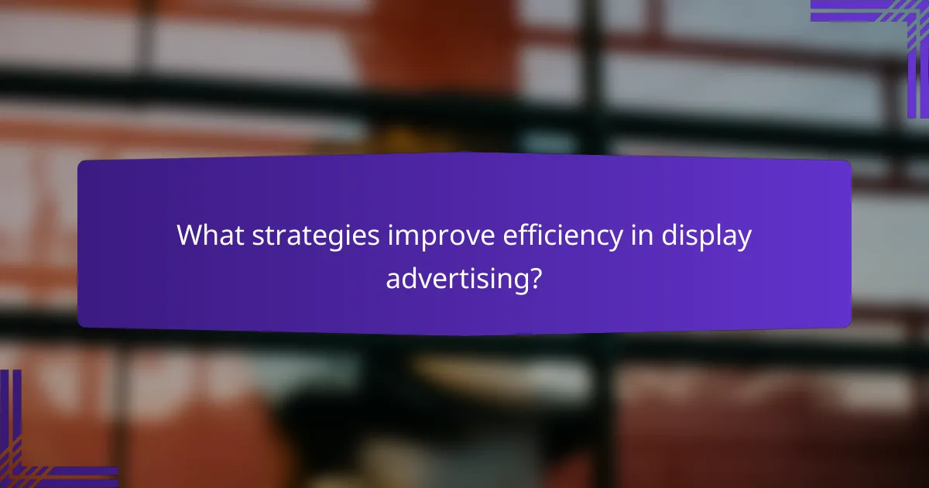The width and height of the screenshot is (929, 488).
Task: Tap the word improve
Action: coord(432,236)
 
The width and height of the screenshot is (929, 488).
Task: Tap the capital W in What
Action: coord(189,235)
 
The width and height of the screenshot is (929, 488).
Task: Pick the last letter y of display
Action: coord(744,239)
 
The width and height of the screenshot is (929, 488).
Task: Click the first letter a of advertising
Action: coord(393,278)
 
